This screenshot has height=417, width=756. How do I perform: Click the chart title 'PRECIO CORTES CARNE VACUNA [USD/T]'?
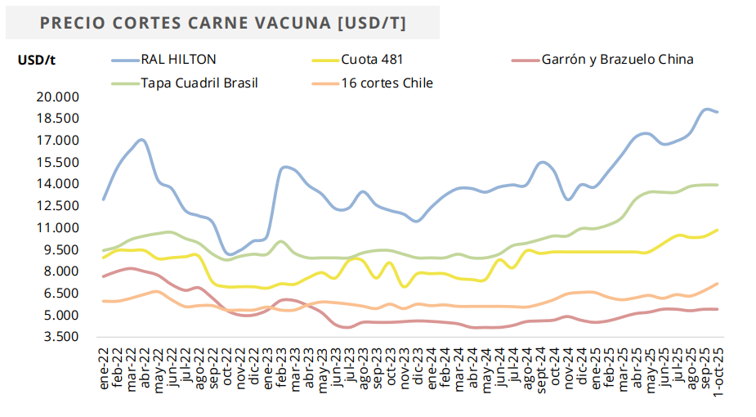click(x=222, y=23)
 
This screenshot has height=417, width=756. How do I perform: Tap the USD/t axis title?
click(x=37, y=60)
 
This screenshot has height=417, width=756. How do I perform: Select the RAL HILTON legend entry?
click(x=178, y=60)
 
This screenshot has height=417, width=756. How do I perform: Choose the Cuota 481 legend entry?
click(x=372, y=60)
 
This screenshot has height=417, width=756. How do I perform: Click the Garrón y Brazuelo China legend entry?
click(x=617, y=60)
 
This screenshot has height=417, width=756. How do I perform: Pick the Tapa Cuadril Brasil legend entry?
click(x=199, y=83)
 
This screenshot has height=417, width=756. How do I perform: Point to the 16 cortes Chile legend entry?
click(x=387, y=83)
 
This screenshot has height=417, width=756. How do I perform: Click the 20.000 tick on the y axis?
click(x=56, y=96)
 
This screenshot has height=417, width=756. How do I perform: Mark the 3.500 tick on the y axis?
click(x=60, y=337)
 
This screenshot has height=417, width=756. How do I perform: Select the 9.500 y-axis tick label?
click(x=60, y=249)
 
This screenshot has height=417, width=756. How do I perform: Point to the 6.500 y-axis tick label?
click(x=60, y=294)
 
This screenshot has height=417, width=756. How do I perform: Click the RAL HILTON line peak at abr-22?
click(x=142, y=140)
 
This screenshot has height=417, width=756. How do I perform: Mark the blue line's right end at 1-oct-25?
click(x=718, y=112)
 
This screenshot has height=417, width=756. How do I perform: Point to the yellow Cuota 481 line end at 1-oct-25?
click(x=718, y=230)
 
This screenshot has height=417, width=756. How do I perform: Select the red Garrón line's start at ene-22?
click(x=104, y=276)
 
